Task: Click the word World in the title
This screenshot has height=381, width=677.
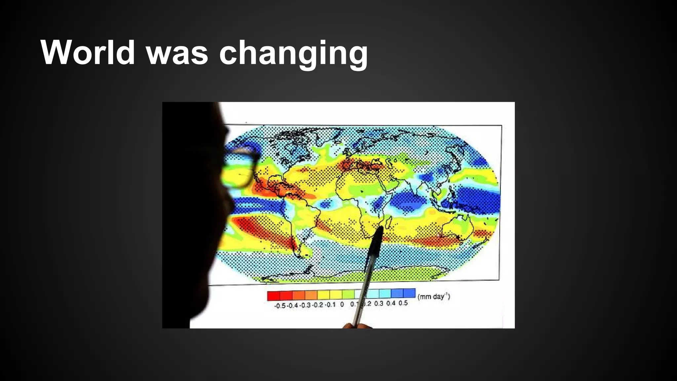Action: coord(88,53)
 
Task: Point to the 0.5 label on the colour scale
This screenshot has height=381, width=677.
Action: coord(403,303)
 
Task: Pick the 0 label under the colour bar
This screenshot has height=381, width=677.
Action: coord(342,304)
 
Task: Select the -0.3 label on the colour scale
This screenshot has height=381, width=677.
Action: coord(305,305)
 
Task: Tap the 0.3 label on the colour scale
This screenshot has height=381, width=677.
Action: coord(379,303)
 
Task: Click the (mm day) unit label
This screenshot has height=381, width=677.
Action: coord(434,296)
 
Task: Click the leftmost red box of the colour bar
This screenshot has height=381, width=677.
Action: coord(274,296)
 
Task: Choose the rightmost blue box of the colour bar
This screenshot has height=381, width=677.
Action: coord(409,293)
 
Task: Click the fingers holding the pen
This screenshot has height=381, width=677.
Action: coord(357,326)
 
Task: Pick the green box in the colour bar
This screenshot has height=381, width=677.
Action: coord(348,294)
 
